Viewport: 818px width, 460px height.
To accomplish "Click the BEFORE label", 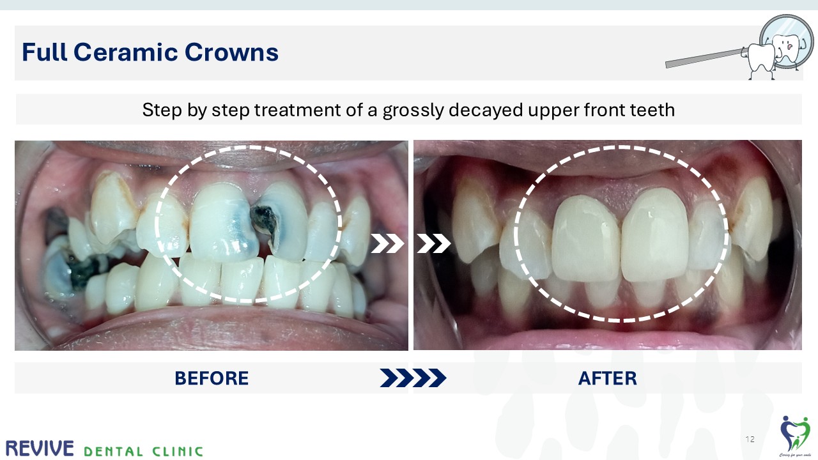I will [212, 378].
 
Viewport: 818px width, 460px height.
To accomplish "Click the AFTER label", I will [607, 378].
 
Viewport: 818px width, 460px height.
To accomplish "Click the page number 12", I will [750, 440].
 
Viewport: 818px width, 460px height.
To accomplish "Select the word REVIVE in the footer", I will [39, 448].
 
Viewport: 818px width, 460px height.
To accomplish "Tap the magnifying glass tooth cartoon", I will [775, 48].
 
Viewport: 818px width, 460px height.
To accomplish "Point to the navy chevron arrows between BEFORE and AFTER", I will [413, 378].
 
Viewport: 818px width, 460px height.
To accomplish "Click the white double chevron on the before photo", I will [388, 243].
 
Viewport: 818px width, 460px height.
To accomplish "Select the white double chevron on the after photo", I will [434, 243].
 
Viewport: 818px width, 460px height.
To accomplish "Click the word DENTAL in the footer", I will [113, 451].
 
